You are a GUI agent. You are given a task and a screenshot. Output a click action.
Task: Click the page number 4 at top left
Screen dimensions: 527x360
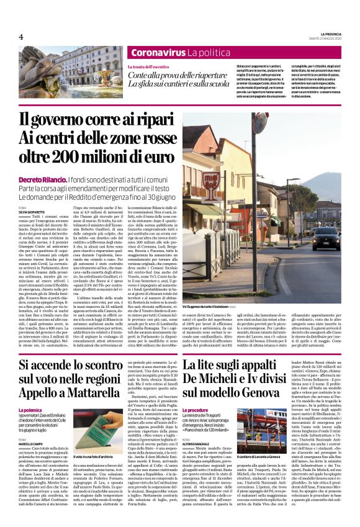(x=21, y=37)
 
